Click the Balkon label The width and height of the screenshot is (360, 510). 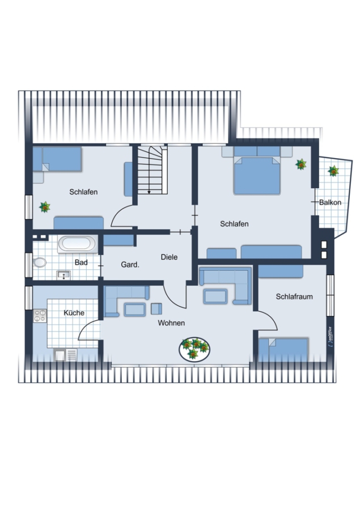pyautogui.click(x=330, y=202)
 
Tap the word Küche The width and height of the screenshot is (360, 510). pyautogui.click(x=74, y=313)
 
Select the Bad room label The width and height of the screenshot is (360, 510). pyautogui.click(x=81, y=262)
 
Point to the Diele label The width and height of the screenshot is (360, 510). pyautogui.click(x=170, y=257)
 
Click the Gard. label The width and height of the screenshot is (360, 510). pyautogui.click(x=130, y=265)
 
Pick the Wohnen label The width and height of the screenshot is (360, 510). pyautogui.click(x=171, y=322)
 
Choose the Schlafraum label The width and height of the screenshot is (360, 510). pyautogui.click(x=294, y=296)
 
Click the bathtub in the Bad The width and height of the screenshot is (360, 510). pyautogui.click(x=77, y=244)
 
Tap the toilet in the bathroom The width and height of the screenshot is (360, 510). pyautogui.click(x=39, y=262)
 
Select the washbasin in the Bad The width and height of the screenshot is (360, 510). pyautogui.click(x=63, y=275)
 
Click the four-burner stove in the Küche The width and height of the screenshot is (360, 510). pyautogui.click(x=40, y=316)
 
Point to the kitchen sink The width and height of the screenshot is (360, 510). pyautogui.click(x=65, y=355)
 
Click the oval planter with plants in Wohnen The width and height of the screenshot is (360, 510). pyautogui.click(x=194, y=349)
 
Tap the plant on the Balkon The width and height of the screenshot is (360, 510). pyautogui.click(x=333, y=171)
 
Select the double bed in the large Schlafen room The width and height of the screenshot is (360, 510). pyautogui.click(x=257, y=171)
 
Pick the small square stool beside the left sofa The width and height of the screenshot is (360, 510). pyautogui.click(x=156, y=309)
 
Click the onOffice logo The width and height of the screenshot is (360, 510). pyautogui.click(x=330, y=336)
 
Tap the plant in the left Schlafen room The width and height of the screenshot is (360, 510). pyautogui.click(x=45, y=207)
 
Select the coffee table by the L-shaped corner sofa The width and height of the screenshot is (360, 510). pyautogui.click(x=215, y=296)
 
